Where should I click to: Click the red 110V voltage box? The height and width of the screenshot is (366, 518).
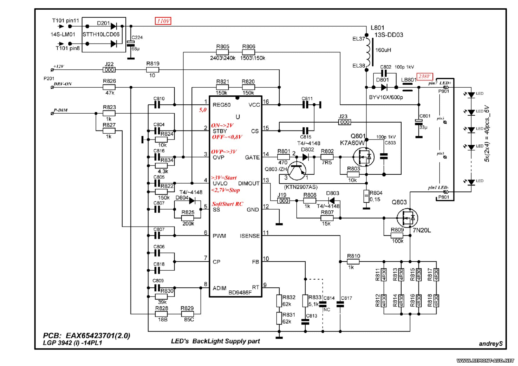point(163,21)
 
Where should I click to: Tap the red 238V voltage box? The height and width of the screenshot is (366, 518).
point(424,76)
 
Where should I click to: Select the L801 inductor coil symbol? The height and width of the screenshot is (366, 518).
point(368,52)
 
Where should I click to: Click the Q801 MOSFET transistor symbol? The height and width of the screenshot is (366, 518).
point(364,157)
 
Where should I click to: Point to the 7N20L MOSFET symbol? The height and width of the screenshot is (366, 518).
point(407,218)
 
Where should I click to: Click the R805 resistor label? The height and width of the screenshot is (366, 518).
point(223,47)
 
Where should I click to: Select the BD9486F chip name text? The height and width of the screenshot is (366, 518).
point(240,292)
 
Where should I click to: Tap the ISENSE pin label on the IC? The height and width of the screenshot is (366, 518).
point(250,236)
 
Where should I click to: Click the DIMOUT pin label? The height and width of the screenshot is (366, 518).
point(249,183)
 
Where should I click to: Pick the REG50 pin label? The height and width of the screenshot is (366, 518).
point(222,105)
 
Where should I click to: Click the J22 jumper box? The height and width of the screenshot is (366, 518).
point(109,70)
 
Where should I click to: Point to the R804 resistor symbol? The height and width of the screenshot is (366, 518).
point(366,196)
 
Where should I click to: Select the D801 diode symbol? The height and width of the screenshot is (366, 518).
point(384,87)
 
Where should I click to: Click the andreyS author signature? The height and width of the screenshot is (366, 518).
point(490,344)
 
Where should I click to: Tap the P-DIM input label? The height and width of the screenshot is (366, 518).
point(61,110)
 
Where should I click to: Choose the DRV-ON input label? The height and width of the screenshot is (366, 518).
point(63,84)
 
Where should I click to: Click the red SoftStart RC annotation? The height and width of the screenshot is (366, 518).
point(228,204)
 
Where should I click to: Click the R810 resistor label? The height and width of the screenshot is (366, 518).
point(353,256)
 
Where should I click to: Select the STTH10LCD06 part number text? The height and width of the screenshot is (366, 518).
point(101,35)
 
